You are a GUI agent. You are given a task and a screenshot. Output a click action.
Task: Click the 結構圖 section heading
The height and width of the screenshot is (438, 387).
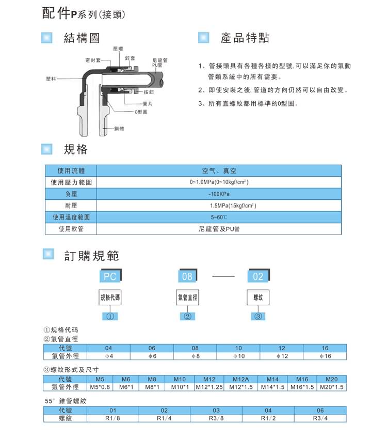tap(81, 38)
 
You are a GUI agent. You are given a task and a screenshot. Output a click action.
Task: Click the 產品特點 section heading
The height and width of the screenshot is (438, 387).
tap(245, 38)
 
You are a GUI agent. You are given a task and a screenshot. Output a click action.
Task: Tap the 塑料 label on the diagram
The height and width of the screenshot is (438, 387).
tap(51, 79)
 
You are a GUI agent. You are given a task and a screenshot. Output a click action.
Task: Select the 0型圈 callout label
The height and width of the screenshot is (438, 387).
tap(140, 112)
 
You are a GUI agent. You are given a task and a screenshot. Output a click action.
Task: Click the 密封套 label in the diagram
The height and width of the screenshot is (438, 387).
tap(92, 60)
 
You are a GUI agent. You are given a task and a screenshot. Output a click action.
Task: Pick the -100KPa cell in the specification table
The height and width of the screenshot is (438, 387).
tap(219, 194)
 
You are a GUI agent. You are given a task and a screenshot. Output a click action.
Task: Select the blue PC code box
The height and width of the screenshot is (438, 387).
tap(110, 276)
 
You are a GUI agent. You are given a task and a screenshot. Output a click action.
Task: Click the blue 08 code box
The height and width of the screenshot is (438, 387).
tap(187, 276)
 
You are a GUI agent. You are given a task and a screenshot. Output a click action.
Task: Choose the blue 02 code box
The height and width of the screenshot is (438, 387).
tap(258, 276)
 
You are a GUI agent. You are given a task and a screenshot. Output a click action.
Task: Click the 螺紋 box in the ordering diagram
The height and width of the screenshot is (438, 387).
tap(258, 298)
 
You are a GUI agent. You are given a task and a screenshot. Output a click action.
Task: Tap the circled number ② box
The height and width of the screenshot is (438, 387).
tap(188, 316)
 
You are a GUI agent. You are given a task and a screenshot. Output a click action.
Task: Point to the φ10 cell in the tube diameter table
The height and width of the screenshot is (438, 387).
tap(238, 356)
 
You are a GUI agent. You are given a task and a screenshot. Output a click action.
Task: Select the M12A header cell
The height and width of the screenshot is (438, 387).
tap(240, 379)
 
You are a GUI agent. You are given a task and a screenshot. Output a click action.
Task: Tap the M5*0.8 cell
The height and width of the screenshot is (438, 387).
tap(100, 387)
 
